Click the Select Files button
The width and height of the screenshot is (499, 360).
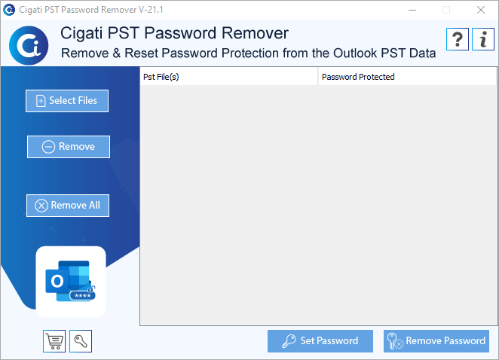[x=67, y=101]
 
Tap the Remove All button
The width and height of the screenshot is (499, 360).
[x=68, y=206]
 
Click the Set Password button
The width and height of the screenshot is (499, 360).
[x=320, y=341]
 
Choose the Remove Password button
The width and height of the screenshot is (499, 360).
[x=436, y=341]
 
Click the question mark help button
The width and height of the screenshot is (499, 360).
[x=458, y=39]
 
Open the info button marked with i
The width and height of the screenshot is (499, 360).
[x=483, y=39]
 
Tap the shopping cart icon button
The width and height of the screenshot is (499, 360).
[x=54, y=341]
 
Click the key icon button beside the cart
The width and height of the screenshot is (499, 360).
[x=81, y=341]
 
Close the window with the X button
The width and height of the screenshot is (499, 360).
[x=481, y=10]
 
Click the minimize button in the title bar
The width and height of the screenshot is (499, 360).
[x=412, y=10]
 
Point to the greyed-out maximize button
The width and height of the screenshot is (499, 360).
[x=446, y=10]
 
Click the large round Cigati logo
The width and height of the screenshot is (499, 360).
[x=29, y=45]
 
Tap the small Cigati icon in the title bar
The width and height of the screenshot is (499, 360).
[x=9, y=10]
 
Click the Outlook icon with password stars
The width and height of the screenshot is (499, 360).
[x=71, y=281]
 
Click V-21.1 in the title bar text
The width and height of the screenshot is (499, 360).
[x=151, y=10]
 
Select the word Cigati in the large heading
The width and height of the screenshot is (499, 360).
[x=81, y=34]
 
